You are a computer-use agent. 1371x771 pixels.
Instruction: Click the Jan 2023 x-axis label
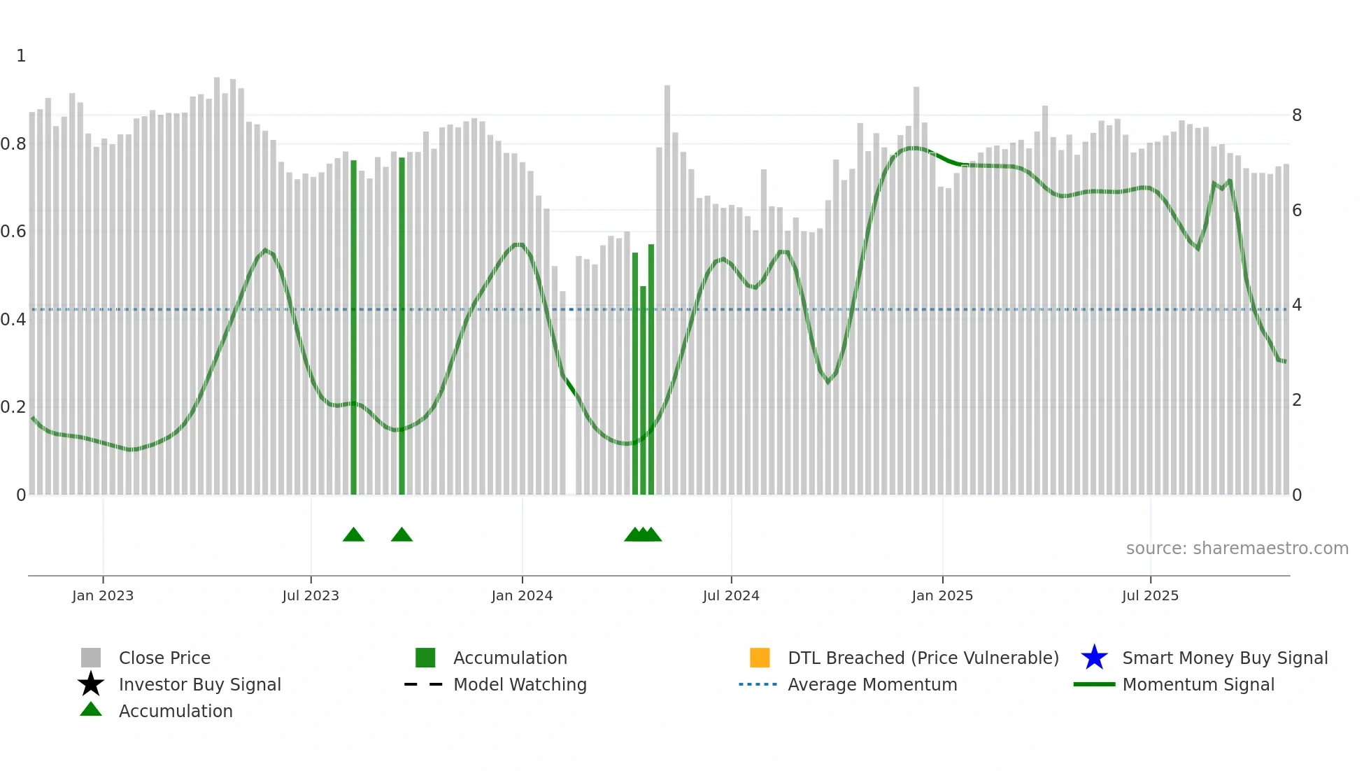102,595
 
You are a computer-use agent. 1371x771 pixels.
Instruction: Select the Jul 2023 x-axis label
311,595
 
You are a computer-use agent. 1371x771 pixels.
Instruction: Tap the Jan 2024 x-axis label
522,595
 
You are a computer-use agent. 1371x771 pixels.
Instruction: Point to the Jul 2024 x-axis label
731,595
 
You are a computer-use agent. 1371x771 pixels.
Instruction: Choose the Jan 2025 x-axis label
942,595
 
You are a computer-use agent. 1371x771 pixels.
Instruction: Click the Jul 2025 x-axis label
1150,595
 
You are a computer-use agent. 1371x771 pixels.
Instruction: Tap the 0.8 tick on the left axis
13,144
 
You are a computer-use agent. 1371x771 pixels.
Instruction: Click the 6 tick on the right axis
1297,211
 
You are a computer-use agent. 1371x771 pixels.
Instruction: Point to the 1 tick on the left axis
21,56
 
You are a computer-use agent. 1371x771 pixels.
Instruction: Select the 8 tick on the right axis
1297,115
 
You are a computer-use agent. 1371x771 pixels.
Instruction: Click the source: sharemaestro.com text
1237,549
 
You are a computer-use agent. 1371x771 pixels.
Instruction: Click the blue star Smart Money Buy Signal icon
1094,658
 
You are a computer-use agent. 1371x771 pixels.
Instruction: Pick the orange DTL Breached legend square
760,658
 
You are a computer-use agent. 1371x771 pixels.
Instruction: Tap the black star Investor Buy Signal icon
91,684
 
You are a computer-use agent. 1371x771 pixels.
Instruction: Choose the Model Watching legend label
520,684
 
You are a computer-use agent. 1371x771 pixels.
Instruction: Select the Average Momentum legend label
872,684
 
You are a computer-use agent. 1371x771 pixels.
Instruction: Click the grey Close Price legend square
91,658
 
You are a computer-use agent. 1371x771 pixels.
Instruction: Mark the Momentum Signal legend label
1198,684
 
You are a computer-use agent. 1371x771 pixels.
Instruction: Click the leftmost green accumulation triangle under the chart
353,535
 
